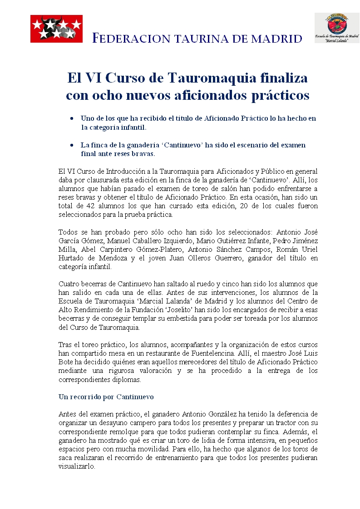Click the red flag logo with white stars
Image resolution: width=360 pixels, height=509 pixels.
pyautogui.click(x=56, y=29)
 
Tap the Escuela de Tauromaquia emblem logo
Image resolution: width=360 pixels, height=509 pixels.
pyautogui.click(x=336, y=27)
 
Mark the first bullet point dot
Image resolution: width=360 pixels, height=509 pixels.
pyautogui.click(x=72, y=118)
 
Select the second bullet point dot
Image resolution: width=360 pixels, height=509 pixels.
pyautogui.click(x=72, y=145)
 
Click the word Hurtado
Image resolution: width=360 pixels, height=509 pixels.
pyautogui.click(x=72, y=258)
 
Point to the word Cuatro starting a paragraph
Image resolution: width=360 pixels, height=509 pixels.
pyautogui.click(x=69, y=284)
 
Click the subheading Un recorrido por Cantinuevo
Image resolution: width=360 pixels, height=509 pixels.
pyautogui.click(x=106, y=396)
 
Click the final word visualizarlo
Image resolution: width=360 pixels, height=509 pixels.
pyautogui.click(x=77, y=466)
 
